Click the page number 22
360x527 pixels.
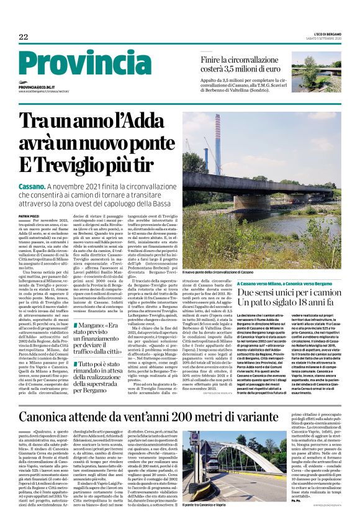23,37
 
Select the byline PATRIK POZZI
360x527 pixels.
29,215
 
